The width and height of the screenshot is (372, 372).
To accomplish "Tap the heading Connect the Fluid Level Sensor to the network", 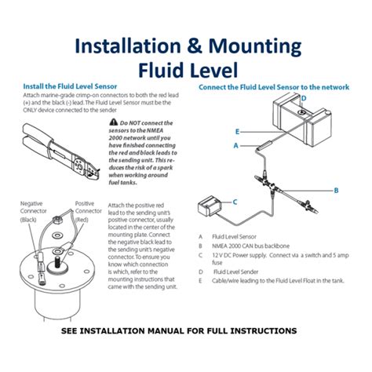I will tap(273, 86).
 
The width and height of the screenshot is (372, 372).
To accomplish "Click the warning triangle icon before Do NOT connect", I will tap(115, 123).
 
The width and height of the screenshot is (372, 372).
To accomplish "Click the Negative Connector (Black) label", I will tap(33, 210).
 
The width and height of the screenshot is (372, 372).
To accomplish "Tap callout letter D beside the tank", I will tap(303, 97).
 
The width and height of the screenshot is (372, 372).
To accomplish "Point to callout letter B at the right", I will tap(336, 190).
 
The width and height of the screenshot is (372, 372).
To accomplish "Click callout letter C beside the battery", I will tap(233, 202).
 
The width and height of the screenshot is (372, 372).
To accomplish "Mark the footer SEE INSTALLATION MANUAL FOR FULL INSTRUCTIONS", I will tap(179, 331).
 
